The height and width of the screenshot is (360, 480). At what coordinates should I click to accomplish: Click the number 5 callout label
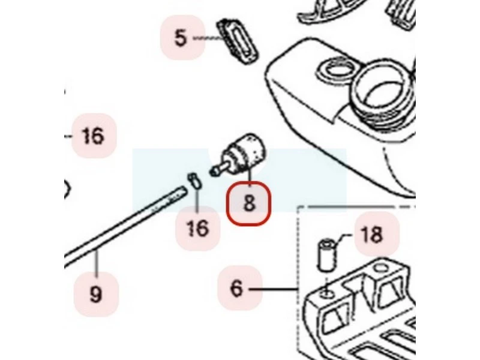pyautogui.click(x=181, y=38)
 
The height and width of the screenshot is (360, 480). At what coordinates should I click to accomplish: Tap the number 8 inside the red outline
pyautogui.click(x=249, y=203)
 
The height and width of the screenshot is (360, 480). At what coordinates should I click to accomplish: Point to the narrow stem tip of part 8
pyautogui.click(x=214, y=172)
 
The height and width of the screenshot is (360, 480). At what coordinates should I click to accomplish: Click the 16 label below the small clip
pyautogui.click(x=198, y=228)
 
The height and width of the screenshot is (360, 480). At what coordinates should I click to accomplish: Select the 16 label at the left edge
pyautogui.click(x=93, y=136)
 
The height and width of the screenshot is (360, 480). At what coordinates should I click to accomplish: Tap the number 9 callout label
pyautogui.click(x=96, y=294)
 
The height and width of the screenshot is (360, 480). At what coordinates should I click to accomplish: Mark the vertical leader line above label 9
pyautogui.click(x=97, y=265)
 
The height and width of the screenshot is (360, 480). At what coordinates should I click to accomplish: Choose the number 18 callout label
pyautogui.click(x=371, y=235)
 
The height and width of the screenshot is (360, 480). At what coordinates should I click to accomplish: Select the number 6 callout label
pyautogui.click(x=236, y=288)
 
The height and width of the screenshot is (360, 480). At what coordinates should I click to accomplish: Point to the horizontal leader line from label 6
pyautogui.click(x=273, y=289)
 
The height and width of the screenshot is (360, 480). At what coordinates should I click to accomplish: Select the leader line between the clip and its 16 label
pyautogui.click(x=197, y=201)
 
